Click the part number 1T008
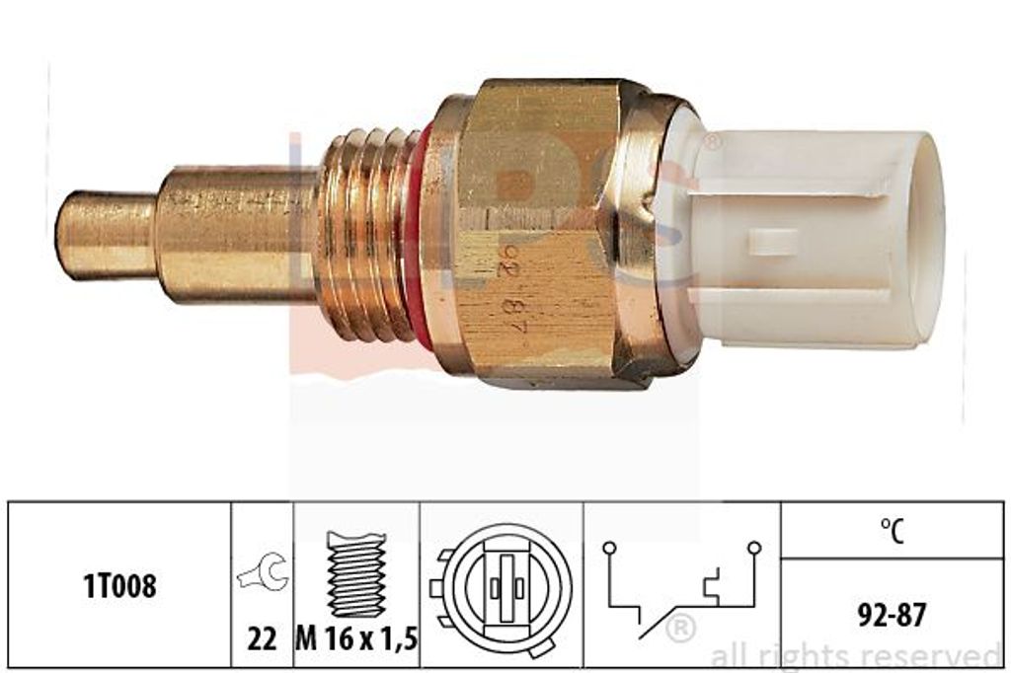coord(119,586)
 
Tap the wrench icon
coord(263,571)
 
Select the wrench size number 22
coord(263,638)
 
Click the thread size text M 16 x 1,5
coord(356,638)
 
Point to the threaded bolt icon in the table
coord(356,573)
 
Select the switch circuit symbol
coord(681,588)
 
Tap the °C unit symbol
coord(892,531)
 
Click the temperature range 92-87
coord(892,615)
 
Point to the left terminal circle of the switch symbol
coord(608,549)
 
